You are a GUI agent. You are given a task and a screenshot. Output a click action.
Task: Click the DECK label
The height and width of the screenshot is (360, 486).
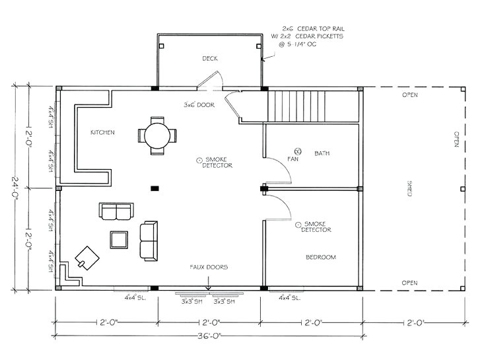209,59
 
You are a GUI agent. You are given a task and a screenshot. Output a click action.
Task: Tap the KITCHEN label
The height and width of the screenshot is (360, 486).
102,132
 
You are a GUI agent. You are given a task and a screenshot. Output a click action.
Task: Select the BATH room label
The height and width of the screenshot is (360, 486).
322,153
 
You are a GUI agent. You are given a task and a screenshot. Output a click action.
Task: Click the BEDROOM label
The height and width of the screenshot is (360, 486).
320,257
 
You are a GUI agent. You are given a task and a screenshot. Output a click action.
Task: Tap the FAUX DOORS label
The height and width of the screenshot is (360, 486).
209,268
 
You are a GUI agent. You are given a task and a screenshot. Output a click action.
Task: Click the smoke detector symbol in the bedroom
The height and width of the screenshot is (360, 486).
298,225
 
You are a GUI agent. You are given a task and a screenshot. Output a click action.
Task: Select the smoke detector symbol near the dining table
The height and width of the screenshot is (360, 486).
199,160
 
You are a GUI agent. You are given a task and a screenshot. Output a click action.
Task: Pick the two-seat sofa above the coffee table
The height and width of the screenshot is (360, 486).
116,211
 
